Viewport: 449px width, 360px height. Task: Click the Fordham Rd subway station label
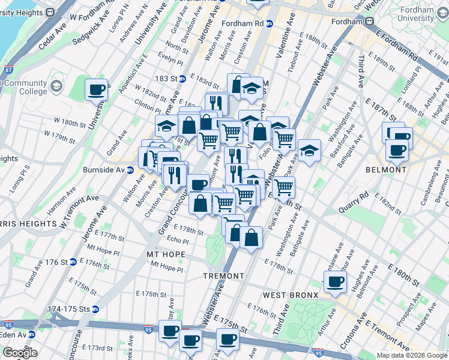247,23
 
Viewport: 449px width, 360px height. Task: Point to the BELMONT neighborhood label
386,170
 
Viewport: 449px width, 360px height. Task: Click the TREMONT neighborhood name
223,276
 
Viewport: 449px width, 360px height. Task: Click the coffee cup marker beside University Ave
96,90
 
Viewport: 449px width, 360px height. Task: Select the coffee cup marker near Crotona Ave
335,281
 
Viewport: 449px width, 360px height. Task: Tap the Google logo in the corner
19,353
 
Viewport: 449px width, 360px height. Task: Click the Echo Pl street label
177,241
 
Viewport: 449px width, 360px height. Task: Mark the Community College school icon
57,87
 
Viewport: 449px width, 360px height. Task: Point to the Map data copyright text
411,355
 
